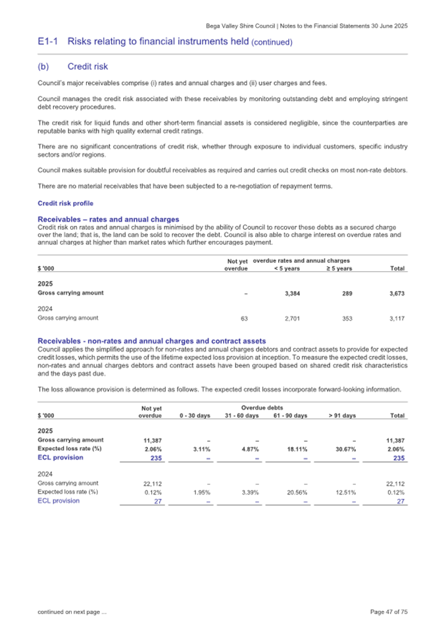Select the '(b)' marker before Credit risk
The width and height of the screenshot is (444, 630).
pos(43,66)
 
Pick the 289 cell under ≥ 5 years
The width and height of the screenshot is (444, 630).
pos(344,293)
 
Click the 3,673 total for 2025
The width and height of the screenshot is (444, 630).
pos(396,293)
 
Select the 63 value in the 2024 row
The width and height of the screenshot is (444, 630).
pos(244,318)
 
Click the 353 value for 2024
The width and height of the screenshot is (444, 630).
pos(343,318)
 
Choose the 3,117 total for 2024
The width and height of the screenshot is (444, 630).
pos(396,318)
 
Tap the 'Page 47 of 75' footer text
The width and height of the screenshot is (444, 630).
pos(389,612)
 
